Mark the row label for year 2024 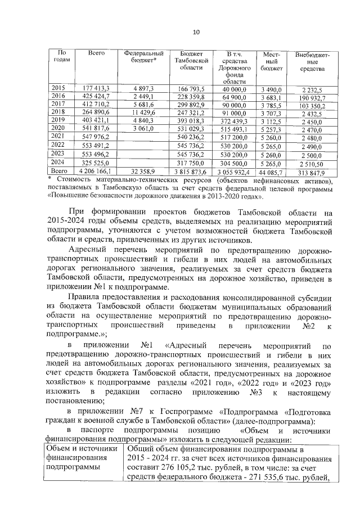pos(58,161)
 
